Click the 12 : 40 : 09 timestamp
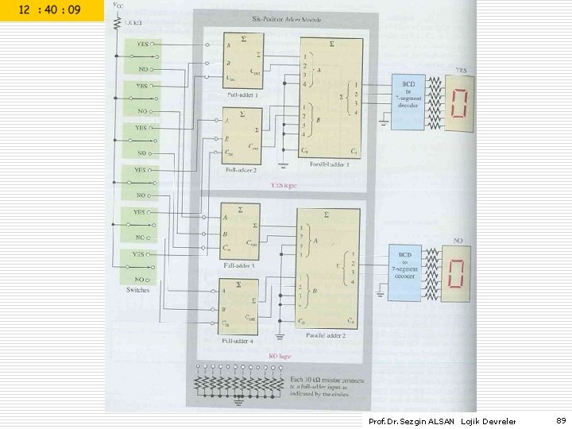click(x=51, y=11)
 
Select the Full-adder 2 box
click(x=242, y=136)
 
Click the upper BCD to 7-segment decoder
click(x=408, y=102)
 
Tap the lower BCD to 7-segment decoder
click(x=408, y=272)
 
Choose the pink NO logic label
click(x=283, y=355)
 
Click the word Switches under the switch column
click(x=137, y=291)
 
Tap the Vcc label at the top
click(x=118, y=5)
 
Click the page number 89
click(x=561, y=421)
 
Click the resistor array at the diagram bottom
click(x=238, y=385)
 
